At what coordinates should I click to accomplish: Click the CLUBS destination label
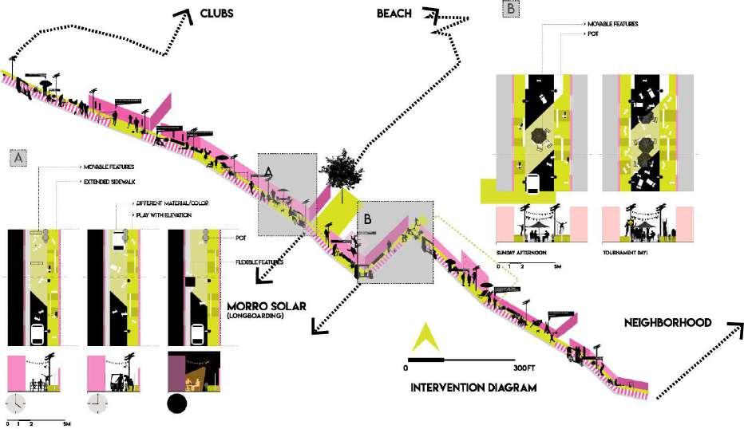(x=221, y=14)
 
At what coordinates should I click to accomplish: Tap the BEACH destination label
(x=395, y=14)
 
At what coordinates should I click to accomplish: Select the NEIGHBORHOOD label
(x=668, y=322)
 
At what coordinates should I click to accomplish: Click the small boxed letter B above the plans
(x=511, y=10)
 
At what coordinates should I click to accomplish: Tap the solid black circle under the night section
(x=176, y=403)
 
